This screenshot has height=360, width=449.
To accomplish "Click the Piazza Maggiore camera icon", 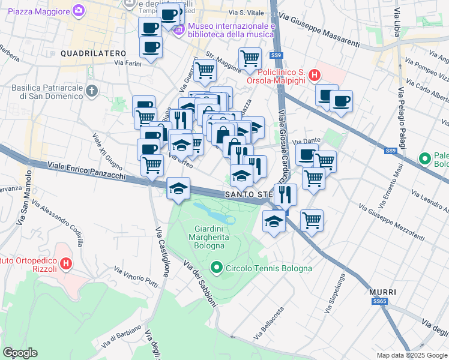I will (79, 10).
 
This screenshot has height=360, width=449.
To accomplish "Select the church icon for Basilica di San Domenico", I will (91, 91).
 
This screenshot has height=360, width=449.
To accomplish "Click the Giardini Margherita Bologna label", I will (210, 237).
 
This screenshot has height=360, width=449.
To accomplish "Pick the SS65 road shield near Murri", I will (379, 301).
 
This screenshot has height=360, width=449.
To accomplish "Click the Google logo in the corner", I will (20, 353).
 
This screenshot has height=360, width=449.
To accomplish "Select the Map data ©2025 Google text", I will (412, 355).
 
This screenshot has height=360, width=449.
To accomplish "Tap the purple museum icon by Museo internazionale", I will (178, 29).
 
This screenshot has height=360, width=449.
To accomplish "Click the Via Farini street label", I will (127, 63).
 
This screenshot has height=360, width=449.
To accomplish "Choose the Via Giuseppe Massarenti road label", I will (324, 32).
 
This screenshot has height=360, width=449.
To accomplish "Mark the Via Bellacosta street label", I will (271, 322).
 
